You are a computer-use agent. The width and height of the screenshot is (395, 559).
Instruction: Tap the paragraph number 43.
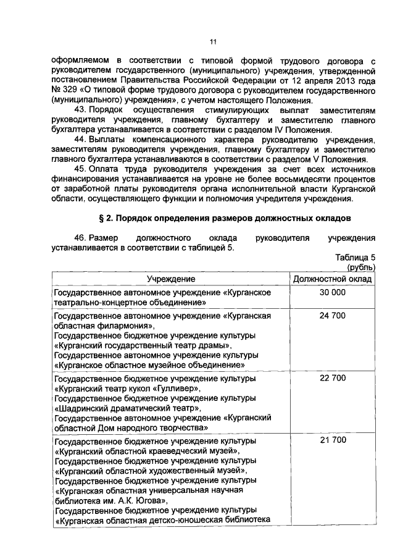[79, 109]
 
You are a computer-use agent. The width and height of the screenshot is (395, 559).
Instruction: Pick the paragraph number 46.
[79, 238]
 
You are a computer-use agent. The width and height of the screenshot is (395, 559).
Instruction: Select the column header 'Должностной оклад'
[333, 279]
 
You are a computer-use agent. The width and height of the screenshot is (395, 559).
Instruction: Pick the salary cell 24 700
[333, 315]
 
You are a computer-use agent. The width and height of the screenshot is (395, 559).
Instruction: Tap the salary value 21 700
[333, 440]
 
